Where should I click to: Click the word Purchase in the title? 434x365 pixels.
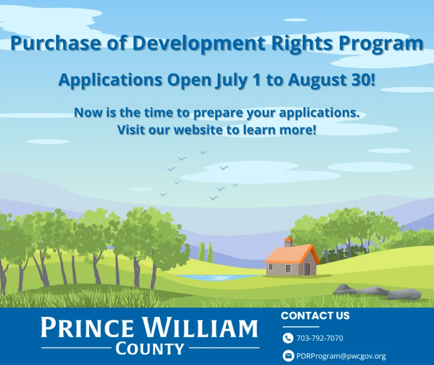pos(56,43)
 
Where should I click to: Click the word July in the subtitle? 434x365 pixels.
pos(231,80)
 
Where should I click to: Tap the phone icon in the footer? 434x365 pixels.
pos(288,338)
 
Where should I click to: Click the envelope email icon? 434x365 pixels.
pos(288,356)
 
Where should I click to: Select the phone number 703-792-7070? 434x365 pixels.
pos(319,338)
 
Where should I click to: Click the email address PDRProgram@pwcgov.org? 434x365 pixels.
pos(341,356)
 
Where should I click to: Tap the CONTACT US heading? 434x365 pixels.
pos(315,316)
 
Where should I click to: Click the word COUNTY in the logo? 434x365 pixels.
pos(150,349)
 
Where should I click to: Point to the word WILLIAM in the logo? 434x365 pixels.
pos(200,327)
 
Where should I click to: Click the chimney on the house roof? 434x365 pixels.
pos(288,242)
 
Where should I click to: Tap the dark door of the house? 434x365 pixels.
pos(307,269)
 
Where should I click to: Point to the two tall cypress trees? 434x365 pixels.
pos(205,252)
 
